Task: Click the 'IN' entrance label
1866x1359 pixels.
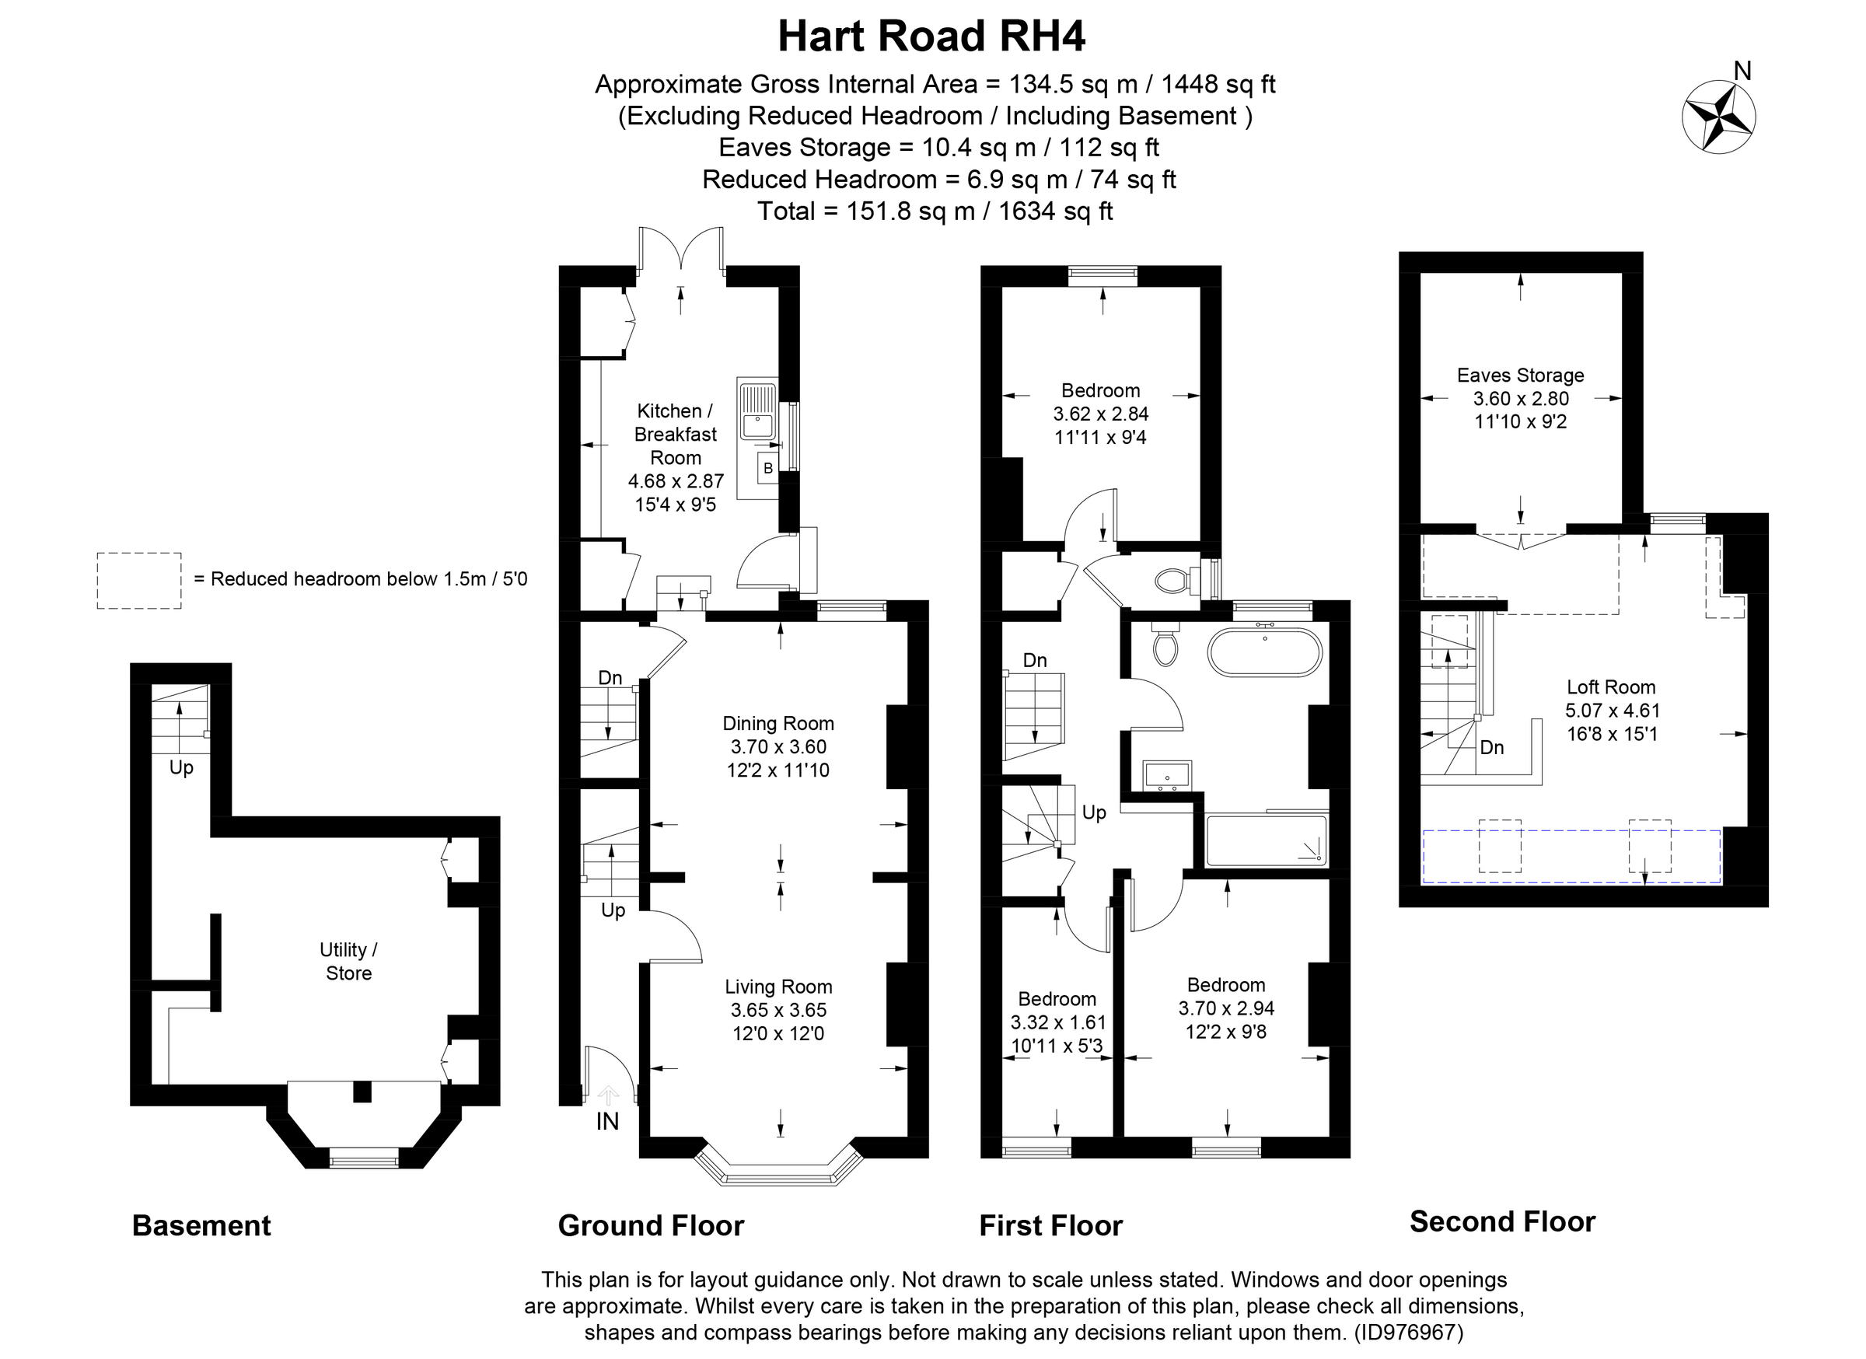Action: pyautogui.click(x=607, y=1121)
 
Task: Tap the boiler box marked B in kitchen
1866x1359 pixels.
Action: pyautogui.click(x=767, y=468)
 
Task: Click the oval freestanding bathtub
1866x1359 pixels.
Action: pyautogui.click(x=1264, y=652)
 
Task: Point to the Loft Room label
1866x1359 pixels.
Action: pyautogui.click(x=1610, y=687)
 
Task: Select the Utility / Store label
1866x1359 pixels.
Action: pyautogui.click(x=349, y=961)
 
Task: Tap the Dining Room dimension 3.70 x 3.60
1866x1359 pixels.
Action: pyautogui.click(x=778, y=747)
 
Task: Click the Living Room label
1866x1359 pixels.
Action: pyautogui.click(x=778, y=987)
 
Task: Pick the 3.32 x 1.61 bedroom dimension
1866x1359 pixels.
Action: pyautogui.click(x=1058, y=1022)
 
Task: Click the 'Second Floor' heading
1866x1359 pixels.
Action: pyautogui.click(x=1501, y=1221)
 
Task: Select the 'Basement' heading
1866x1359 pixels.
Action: pyautogui.click(x=201, y=1226)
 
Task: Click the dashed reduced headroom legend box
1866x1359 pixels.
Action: pyautogui.click(x=139, y=580)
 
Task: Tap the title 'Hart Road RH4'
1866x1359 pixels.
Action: pyautogui.click(x=931, y=37)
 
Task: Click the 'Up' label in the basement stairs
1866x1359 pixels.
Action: pyautogui.click(x=181, y=767)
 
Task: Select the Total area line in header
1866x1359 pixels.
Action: pyautogui.click(x=935, y=211)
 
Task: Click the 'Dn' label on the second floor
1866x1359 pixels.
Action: pyautogui.click(x=1492, y=747)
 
